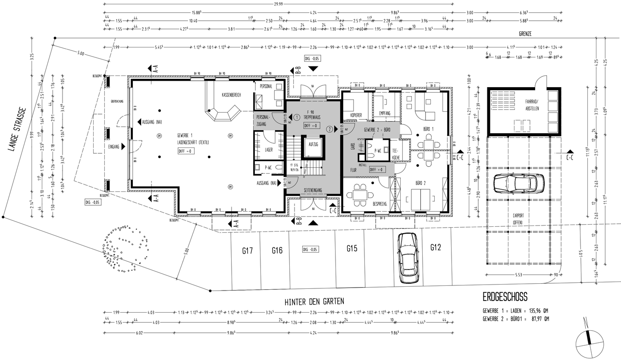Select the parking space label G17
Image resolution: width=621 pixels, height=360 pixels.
click(247, 250)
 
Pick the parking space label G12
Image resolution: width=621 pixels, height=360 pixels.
click(436, 247)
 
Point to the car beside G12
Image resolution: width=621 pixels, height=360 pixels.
click(408, 257)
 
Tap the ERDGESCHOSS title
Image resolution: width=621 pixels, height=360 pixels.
click(505, 297)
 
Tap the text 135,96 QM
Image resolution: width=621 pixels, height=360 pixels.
click(536, 310)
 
